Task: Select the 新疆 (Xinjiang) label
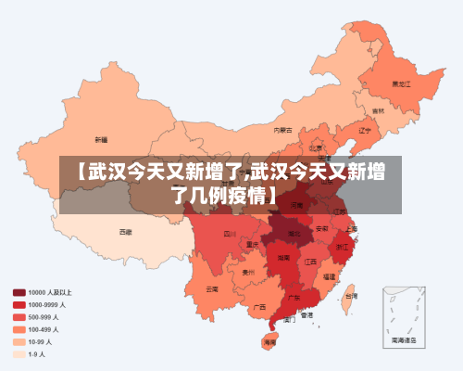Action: coord(101,139)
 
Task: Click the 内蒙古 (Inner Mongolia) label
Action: coord(283,130)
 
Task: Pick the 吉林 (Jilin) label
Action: coord(378,110)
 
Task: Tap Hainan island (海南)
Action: coord(269,341)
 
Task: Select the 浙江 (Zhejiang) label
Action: coord(342,247)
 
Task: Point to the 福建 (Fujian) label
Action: coord(330,275)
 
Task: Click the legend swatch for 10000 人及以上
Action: coord(19,292)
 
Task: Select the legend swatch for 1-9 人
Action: coord(19,352)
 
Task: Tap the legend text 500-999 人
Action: coord(44,316)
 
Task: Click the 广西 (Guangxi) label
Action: coord(260,305)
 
